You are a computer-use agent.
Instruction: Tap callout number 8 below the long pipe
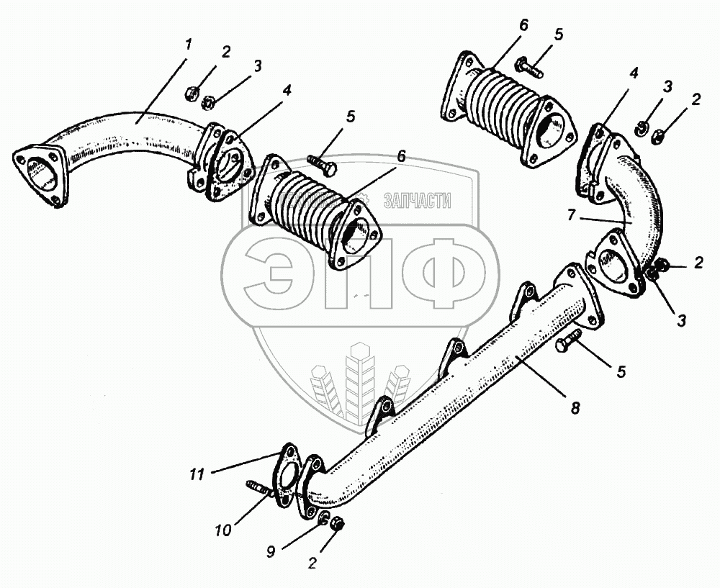pos(575,407)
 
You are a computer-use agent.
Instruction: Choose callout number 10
pos(223,530)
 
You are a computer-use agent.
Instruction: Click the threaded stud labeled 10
pos(260,489)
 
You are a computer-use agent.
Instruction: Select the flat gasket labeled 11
pos(289,476)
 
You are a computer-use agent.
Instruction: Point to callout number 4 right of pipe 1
pos(286,91)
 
